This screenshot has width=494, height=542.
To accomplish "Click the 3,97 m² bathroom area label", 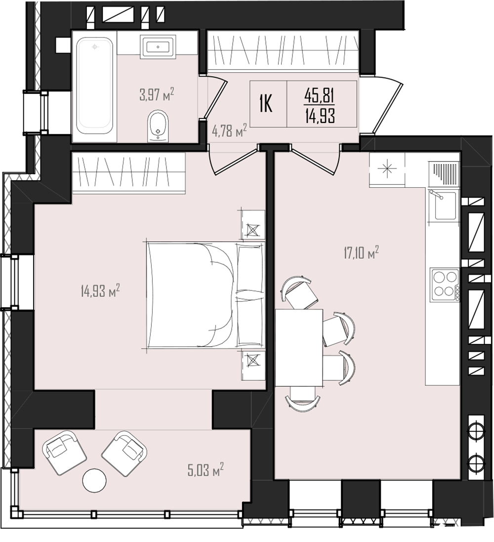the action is (156, 94).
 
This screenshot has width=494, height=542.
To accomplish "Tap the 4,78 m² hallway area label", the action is (229, 131).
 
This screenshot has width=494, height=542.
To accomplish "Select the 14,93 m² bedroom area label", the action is (100, 291).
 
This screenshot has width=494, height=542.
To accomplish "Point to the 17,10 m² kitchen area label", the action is (361, 252).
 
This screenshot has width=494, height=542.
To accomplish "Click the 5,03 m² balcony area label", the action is (206, 470).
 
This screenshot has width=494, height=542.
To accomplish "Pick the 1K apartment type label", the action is (266, 103).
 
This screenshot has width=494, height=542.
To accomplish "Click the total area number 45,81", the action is (320, 95).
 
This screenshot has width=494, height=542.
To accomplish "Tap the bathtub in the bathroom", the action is (95, 86).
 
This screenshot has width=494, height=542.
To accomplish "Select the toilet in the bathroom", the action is (159, 126).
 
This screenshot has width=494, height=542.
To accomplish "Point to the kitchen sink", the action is (445, 206).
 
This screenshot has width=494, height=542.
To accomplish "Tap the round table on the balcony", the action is (95, 480).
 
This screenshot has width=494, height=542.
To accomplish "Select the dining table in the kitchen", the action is (299, 347).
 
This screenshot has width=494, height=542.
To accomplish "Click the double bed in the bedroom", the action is (206, 295).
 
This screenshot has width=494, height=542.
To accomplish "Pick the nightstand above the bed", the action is (253, 225).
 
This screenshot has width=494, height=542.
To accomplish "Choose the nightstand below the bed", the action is (253, 365).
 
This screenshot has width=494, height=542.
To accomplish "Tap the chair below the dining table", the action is (303, 399).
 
